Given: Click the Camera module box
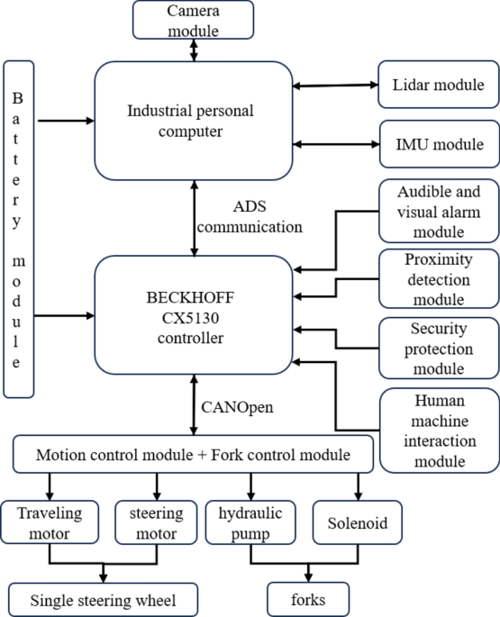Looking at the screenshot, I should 192,20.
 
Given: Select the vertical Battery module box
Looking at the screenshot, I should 20,229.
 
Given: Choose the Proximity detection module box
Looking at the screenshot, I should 436,277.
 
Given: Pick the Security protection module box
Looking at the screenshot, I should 436,347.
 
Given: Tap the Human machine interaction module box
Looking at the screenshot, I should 436,429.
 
